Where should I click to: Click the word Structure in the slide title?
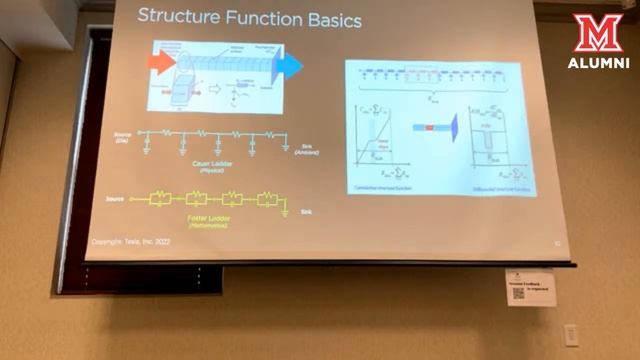tap(176, 16)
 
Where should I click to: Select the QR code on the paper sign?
tap(519, 293)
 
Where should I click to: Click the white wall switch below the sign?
tap(570, 334)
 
